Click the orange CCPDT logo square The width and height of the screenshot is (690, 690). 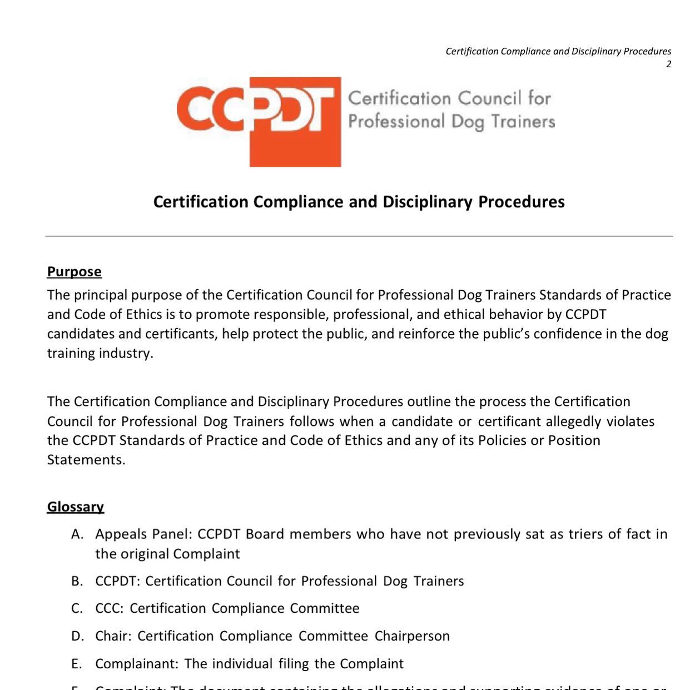(x=295, y=122)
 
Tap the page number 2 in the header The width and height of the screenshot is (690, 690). (x=668, y=64)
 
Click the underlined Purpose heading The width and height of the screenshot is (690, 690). (x=75, y=271)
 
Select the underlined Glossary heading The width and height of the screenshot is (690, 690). (x=76, y=507)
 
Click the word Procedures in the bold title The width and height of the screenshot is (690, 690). (x=522, y=201)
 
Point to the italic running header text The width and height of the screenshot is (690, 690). (x=558, y=51)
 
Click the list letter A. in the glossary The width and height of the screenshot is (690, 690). (x=77, y=534)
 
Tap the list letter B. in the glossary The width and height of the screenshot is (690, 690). (x=77, y=581)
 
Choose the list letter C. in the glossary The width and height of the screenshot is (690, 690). (x=77, y=608)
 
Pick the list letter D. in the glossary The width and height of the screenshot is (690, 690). (x=77, y=636)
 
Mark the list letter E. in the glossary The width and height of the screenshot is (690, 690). (x=77, y=664)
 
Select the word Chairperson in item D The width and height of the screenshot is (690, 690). (x=412, y=636)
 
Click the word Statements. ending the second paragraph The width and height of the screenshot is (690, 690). (x=86, y=460)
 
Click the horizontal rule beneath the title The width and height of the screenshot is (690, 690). (x=359, y=236)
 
